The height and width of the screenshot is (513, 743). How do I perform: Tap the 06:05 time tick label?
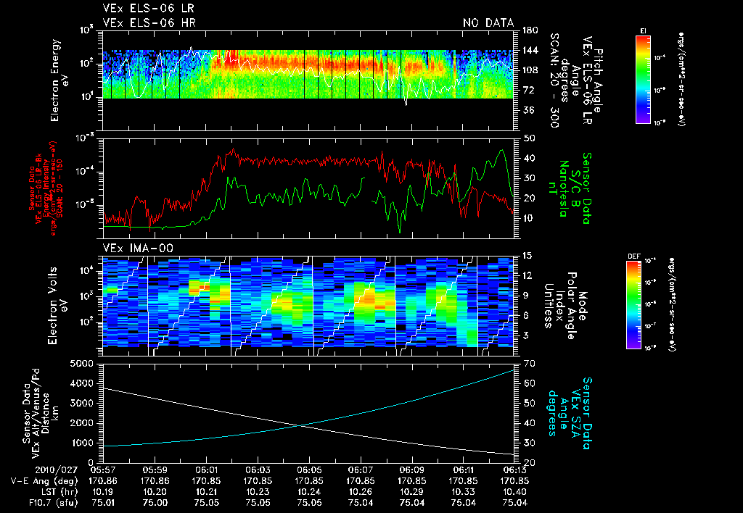tap(310, 470)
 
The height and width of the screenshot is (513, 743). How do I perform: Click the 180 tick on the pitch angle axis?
tap(529, 30)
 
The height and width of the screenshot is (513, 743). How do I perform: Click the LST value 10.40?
tap(515, 491)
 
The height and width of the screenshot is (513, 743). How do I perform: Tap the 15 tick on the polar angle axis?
tap(528, 256)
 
